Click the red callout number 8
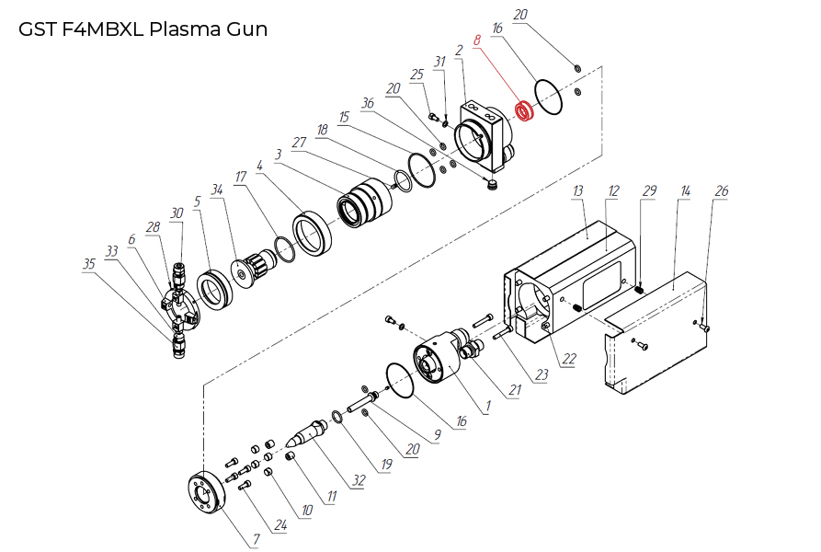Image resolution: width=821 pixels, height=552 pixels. [477, 41]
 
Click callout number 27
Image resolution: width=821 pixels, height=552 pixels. [298, 143]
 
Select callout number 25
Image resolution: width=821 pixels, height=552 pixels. [416, 74]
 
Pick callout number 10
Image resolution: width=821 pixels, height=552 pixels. [306, 510]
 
